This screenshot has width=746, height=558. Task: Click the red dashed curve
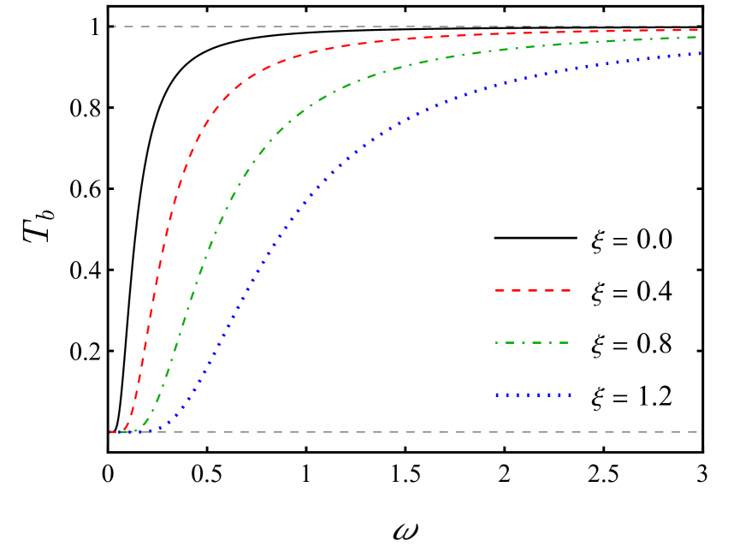pyautogui.click(x=169, y=217)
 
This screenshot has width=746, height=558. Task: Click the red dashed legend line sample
pyautogui.click(x=532, y=291)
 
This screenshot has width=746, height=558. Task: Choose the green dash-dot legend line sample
pyautogui.click(x=531, y=343)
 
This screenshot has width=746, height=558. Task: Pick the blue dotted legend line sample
pyautogui.click(x=532, y=395)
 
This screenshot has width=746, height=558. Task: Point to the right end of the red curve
pyautogui.click(x=697, y=30)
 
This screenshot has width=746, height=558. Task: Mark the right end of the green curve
pyautogui.click(x=697, y=37)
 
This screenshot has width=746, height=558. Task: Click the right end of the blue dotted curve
pyautogui.click(x=700, y=53)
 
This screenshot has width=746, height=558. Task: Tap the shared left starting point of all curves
pyautogui.click(x=111, y=432)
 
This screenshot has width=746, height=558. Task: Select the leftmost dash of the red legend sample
pyautogui.click(x=500, y=291)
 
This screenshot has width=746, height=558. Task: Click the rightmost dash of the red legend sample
pyautogui.click(x=564, y=291)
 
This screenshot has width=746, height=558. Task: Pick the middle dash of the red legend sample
pyautogui.click(x=532, y=291)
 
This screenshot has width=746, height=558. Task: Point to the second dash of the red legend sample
pyautogui.click(x=517, y=291)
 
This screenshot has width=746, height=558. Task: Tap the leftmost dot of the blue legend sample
pyautogui.click(x=497, y=395)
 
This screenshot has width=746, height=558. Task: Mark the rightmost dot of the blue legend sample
pyautogui.click(x=569, y=395)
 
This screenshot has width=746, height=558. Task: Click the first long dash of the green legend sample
pyautogui.click(x=502, y=343)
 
